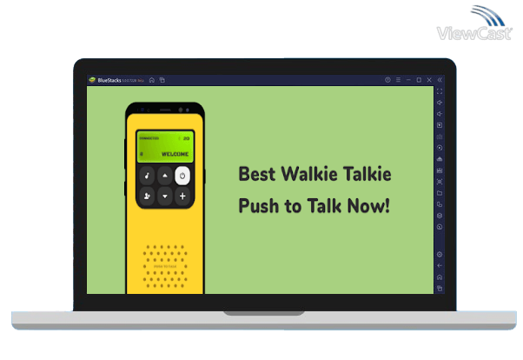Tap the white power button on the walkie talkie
pos(182,175)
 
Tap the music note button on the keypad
pos(148,175)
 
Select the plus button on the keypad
pos(182,197)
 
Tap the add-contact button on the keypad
pos(148,197)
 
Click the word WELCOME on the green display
pos(175,154)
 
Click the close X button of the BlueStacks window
pos(429,80)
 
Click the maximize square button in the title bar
pos(418,80)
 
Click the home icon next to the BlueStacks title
pos(152,80)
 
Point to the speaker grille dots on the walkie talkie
pos(164,266)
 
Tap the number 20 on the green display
pos(186,137)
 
